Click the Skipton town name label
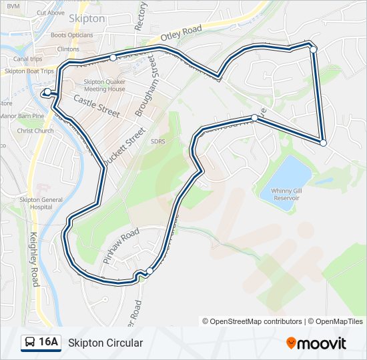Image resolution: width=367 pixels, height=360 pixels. tap(87, 19)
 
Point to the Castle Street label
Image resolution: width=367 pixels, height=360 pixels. tap(97, 105)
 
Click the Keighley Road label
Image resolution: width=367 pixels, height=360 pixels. tap(35, 257)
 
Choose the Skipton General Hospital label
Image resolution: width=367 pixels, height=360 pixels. tap(41, 203)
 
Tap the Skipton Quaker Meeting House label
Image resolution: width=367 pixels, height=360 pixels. tap(104, 85)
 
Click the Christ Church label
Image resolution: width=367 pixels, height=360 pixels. tap(35, 131)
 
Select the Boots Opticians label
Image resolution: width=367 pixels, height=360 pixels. tap(71, 35)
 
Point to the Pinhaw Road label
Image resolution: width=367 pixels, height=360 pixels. tap(121, 244)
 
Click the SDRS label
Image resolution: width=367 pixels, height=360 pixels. tap(157, 141)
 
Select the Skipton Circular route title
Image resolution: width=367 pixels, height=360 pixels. tap(105, 343)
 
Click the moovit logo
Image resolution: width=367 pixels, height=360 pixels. tap(316, 343)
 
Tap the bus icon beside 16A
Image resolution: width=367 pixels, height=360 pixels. tap(30, 343)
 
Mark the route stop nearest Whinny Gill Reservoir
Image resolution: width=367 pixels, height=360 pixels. tap(323, 143)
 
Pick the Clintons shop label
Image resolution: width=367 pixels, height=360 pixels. tap(68, 49)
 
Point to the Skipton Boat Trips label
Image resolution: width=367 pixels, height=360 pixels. tap(29, 71)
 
